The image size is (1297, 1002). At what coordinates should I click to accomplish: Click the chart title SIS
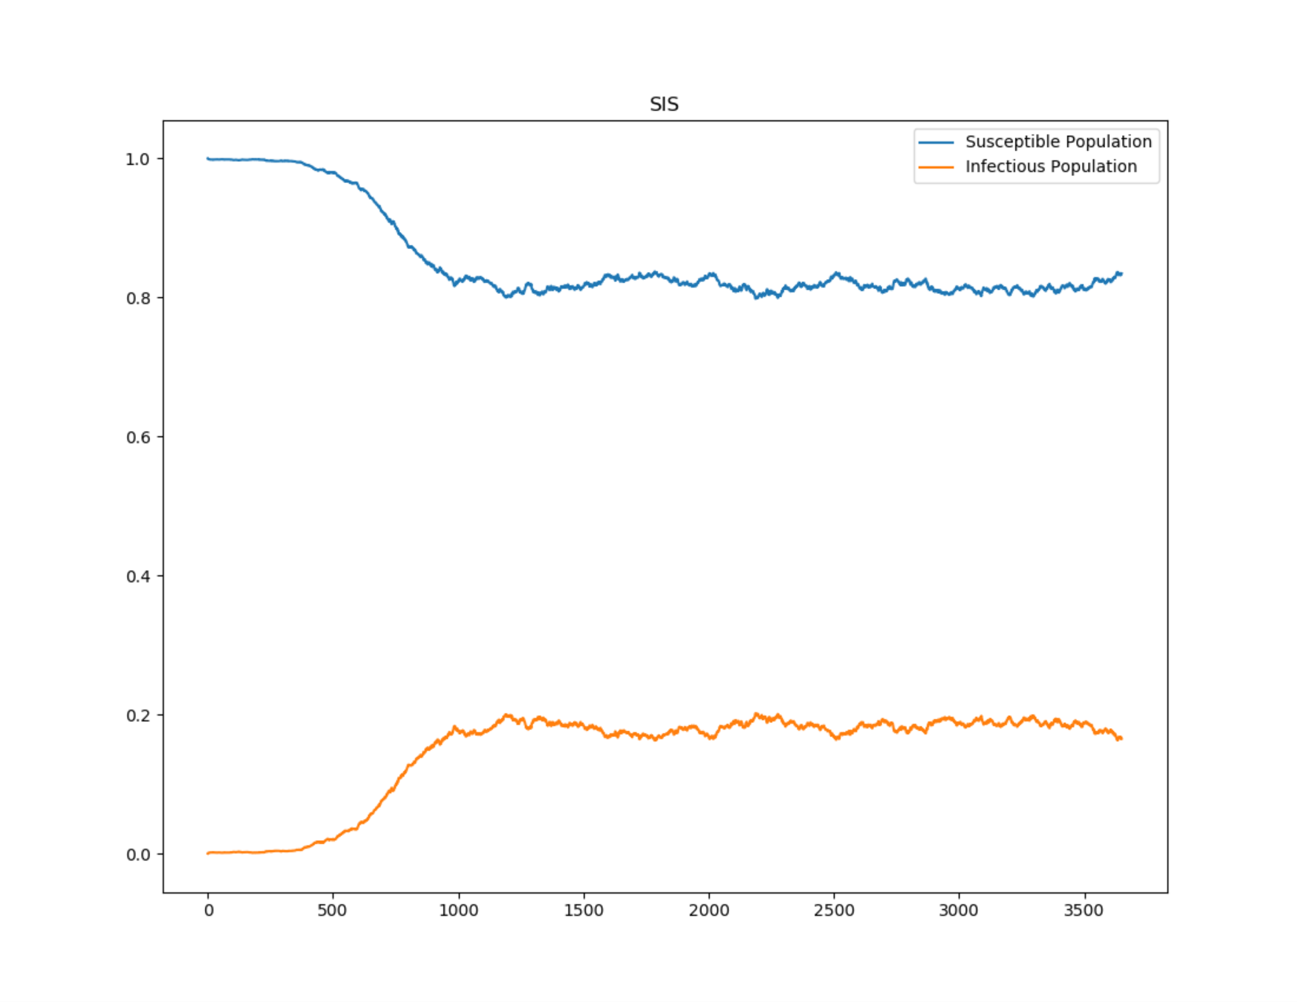(x=663, y=105)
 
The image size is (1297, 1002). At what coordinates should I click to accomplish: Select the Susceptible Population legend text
(x=1058, y=141)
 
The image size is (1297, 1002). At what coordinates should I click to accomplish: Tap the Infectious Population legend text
(x=1051, y=167)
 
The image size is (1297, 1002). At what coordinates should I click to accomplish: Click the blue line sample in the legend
(x=936, y=142)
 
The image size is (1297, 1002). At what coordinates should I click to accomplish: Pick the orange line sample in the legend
(x=936, y=167)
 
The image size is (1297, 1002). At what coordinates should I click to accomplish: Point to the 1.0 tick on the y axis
(x=138, y=160)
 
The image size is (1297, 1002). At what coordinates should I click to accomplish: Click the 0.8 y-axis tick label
(x=138, y=299)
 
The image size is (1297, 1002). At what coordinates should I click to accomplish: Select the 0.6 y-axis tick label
(x=138, y=438)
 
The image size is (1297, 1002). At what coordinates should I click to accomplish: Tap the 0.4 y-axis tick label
(x=138, y=577)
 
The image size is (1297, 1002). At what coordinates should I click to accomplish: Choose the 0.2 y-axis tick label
(x=138, y=716)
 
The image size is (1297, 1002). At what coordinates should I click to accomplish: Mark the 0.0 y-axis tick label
(x=138, y=855)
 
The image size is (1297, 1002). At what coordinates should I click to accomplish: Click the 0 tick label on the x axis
(x=208, y=911)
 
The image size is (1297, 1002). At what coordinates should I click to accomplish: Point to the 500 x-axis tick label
(x=333, y=911)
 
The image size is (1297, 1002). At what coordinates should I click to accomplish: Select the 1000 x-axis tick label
(x=458, y=911)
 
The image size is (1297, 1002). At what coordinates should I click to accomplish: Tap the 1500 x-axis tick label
(x=583, y=911)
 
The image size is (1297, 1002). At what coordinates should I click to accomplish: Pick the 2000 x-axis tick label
(x=709, y=911)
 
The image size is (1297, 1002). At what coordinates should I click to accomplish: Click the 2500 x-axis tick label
(x=834, y=911)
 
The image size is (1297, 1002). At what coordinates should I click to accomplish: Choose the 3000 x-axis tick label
(x=959, y=911)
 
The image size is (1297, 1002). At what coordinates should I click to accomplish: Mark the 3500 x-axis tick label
(x=1084, y=911)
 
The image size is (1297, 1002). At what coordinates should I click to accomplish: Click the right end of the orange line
(x=1121, y=739)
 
